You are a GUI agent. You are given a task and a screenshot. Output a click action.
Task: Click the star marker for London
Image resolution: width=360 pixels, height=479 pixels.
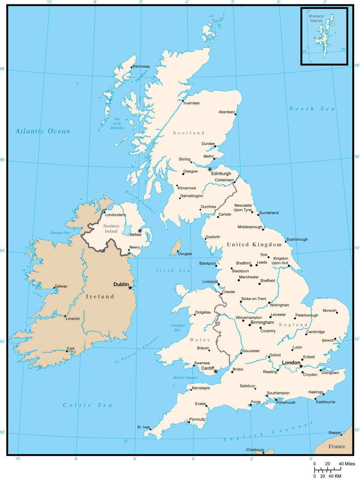[x=301, y=366]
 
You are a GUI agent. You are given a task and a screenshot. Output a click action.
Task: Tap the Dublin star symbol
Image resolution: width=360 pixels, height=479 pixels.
[x=130, y=288]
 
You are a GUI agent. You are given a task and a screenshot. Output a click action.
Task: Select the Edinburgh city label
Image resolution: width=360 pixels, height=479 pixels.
[x=221, y=174]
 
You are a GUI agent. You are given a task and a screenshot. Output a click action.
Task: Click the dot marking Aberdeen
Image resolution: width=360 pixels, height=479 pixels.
[x=236, y=114]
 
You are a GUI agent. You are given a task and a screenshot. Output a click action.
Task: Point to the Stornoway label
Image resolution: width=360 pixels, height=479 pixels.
[x=141, y=66]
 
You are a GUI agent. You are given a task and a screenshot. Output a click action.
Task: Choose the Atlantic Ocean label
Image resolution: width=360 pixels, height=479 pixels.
[x=43, y=131]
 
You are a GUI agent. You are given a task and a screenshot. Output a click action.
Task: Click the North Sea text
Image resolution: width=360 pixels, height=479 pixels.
[x=311, y=109]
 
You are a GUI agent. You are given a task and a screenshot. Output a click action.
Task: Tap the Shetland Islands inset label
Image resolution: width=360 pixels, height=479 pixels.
[x=316, y=18]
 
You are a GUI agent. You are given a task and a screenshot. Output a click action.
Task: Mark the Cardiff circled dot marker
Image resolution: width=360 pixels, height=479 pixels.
[x=216, y=371]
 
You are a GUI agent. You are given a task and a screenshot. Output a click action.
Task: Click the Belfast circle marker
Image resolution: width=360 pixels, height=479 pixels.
[x=140, y=231]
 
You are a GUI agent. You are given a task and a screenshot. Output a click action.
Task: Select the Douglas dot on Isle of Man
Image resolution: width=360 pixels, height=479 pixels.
[x=178, y=251]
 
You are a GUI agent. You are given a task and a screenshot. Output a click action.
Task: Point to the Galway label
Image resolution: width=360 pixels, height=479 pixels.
[x=61, y=286]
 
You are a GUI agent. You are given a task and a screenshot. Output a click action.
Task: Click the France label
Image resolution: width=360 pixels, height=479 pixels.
[x=337, y=446]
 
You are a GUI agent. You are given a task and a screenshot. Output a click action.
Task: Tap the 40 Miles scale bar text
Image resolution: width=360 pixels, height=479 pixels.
[x=347, y=464]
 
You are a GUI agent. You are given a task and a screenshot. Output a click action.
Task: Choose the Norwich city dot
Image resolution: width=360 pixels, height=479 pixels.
[x=337, y=313]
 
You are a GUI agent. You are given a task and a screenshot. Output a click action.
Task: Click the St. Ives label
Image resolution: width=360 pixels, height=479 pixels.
[x=143, y=427]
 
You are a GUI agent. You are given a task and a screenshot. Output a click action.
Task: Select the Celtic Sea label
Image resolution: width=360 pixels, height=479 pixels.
[x=87, y=405]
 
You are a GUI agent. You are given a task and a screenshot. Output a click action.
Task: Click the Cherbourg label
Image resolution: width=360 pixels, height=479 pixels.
[x=255, y=450]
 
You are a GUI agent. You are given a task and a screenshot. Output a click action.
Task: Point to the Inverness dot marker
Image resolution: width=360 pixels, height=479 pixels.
[x=183, y=101]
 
